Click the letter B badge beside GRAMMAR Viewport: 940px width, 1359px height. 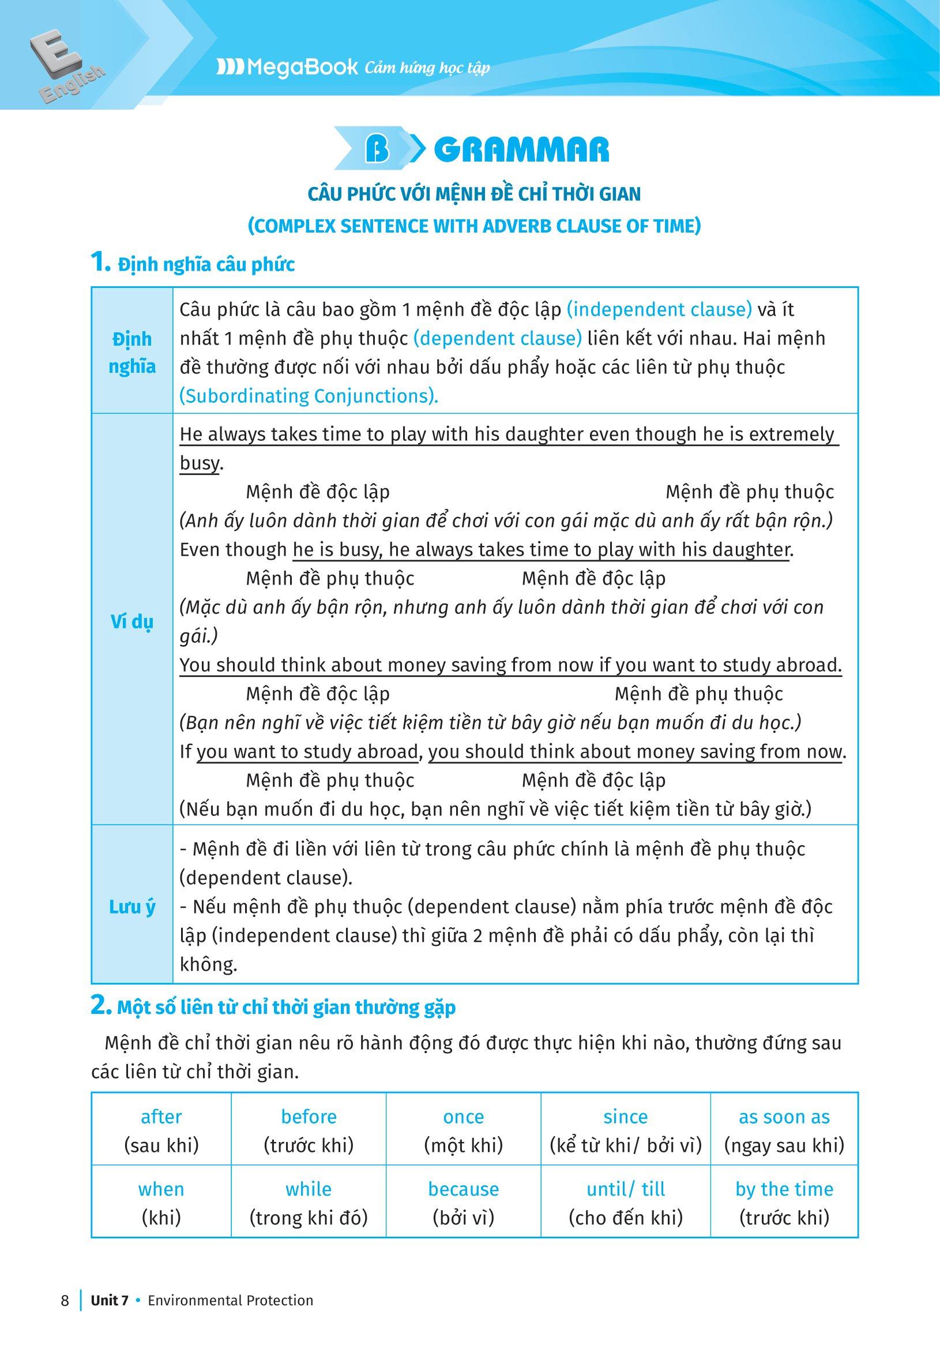377,150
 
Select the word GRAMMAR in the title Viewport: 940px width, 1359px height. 521,151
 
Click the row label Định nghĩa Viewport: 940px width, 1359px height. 132,353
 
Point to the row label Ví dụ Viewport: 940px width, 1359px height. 132,622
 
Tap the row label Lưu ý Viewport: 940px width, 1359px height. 132,907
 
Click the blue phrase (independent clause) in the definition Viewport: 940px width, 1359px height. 660,309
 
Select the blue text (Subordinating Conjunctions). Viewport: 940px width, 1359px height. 309,396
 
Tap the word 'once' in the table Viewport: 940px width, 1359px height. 464,1117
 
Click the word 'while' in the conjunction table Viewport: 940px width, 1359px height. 309,1189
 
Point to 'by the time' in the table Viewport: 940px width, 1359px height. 784,1189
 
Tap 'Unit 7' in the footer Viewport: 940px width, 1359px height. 110,1312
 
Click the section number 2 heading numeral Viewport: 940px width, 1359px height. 99,1006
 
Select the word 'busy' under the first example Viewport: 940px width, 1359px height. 198,463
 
